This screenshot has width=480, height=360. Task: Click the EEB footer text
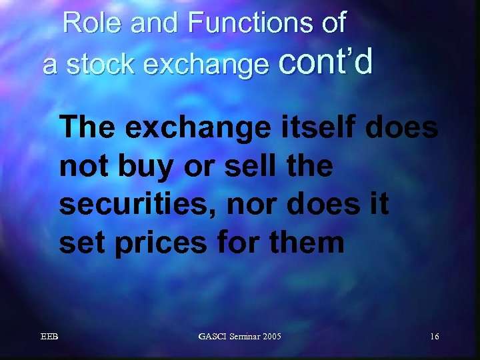[x=49, y=337]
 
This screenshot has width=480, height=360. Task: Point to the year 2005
[x=273, y=337]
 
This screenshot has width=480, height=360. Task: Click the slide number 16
[x=434, y=337]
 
